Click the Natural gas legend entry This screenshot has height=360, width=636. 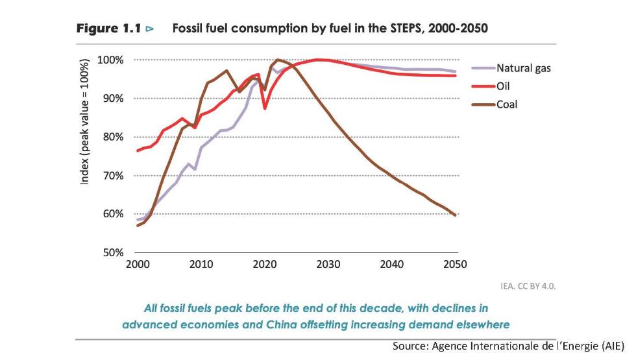[x=523, y=67]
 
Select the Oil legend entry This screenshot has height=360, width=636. [x=504, y=86]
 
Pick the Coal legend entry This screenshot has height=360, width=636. [x=507, y=104]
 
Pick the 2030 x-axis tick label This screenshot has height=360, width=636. [x=327, y=265]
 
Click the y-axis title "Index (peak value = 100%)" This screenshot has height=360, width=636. [x=85, y=124]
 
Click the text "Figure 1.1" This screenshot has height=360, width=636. [x=108, y=29]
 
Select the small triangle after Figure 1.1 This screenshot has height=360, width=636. [x=150, y=29]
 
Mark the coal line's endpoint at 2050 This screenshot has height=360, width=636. [x=456, y=215]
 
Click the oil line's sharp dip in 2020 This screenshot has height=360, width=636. [x=264, y=108]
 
